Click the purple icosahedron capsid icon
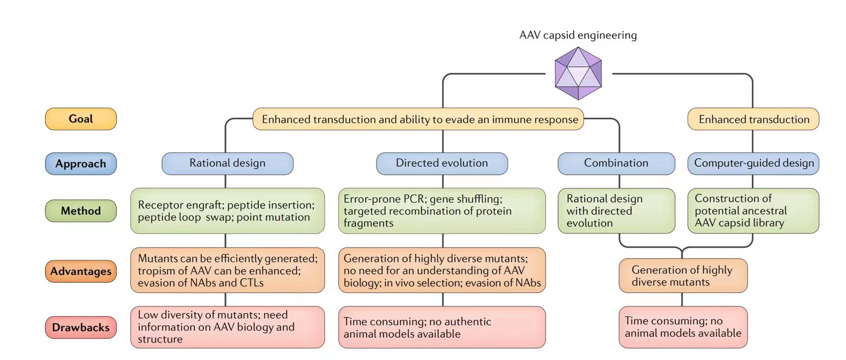pyautogui.click(x=578, y=73)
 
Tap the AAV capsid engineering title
pyautogui.click(x=578, y=35)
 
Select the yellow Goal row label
pyautogui.click(x=81, y=119)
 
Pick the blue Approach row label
pyautogui.click(x=81, y=164)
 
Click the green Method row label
pyautogui.click(x=81, y=211)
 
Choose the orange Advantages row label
pyautogui.click(x=81, y=271)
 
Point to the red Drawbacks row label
pyautogui.click(x=81, y=327)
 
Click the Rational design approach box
pyautogui.click(x=228, y=163)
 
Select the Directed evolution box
pyautogui.click(x=442, y=163)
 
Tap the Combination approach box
pyautogui.click(x=616, y=163)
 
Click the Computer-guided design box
pyautogui.click(x=754, y=163)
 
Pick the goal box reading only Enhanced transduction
pyautogui.click(x=754, y=119)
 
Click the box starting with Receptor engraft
pyautogui.click(x=228, y=211)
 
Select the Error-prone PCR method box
pyautogui.click(x=442, y=211)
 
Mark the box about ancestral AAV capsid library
pyautogui.click(x=754, y=211)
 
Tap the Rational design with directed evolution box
pyautogui.click(x=616, y=211)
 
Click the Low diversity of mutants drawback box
pyautogui.click(x=228, y=327)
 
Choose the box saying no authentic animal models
pyautogui.click(x=442, y=327)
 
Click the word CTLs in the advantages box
pyautogui.click(x=251, y=283)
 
